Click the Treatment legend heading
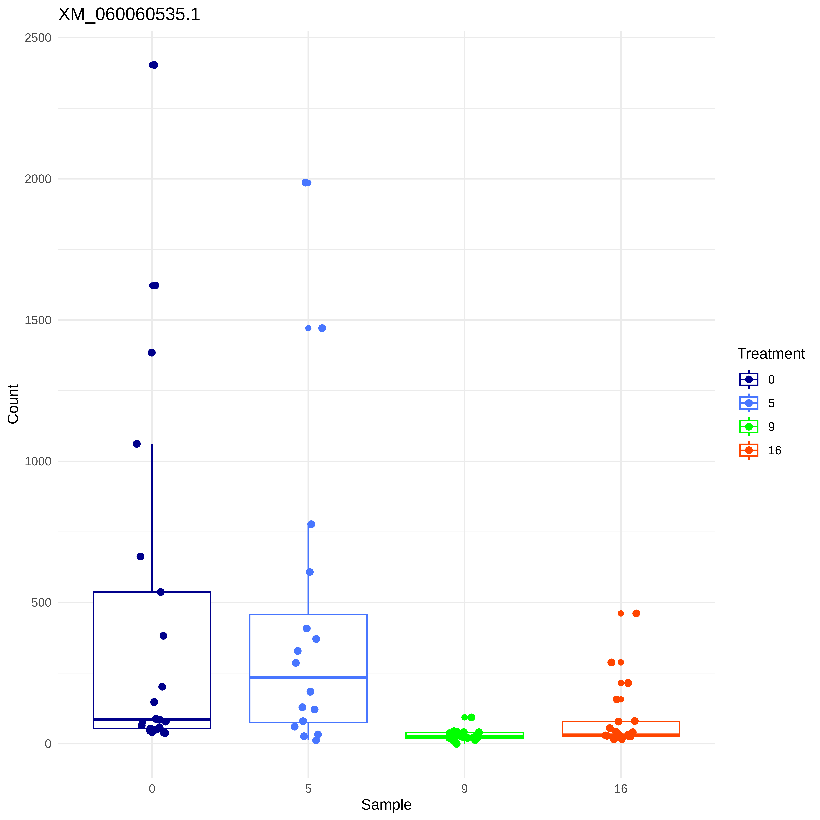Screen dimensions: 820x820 point(771,354)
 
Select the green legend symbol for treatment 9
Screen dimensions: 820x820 point(749,427)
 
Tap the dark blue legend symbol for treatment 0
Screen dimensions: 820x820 point(749,379)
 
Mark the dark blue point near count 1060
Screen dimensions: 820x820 point(137,444)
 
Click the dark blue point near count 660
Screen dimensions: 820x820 point(141,556)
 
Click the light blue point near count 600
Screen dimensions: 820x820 point(310,572)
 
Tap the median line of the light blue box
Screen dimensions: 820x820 point(308,677)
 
